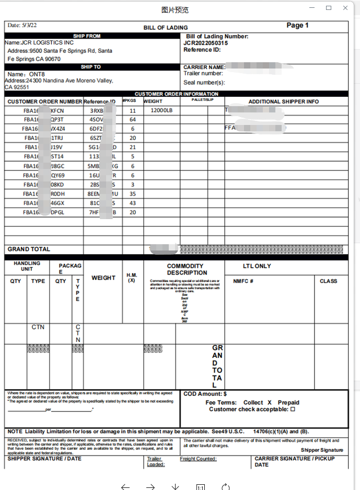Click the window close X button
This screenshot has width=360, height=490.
point(345,8)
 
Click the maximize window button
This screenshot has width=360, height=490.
point(329,8)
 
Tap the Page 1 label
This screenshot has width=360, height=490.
point(297,25)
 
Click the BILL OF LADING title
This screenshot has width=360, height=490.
point(166,28)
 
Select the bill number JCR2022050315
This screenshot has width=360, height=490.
point(206,43)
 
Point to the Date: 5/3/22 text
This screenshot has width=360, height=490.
point(22,25)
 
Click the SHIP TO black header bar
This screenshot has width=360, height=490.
point(90,67)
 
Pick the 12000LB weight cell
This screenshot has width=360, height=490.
point(161,111)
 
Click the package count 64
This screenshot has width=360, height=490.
point(133,120)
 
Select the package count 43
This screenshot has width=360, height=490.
point(133,203)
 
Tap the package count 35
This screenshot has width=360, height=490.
point(133,193)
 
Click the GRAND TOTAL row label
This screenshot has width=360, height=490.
point(29,249)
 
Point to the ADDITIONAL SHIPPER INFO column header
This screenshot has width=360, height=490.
point(283,101)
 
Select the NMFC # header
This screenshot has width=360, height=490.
point(243,281)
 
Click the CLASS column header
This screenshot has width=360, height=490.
point(329,281)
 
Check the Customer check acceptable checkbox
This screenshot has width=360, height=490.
point(293,409)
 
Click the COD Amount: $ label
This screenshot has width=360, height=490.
point(205,394)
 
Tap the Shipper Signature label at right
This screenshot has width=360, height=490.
point(322,450)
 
